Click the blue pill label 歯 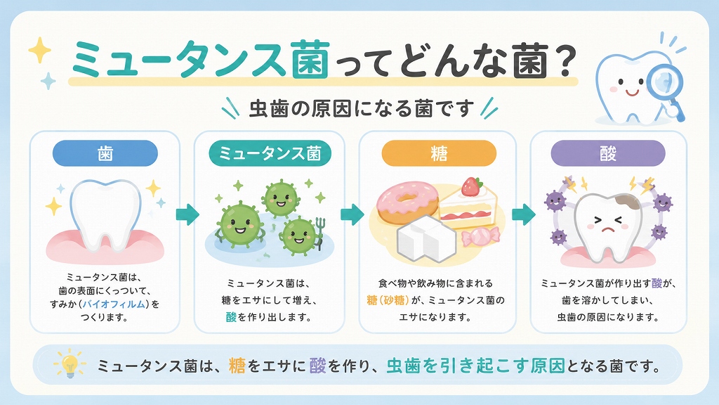pos(105,153)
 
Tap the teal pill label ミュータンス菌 pos(270,153)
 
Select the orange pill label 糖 pos(439,153)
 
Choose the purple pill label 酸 pos(608,153)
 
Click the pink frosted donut pos(406,202)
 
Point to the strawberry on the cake pos(472,186)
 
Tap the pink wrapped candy pos(480,237)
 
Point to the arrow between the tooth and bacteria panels pos(187,214)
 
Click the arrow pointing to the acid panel pos(524,214)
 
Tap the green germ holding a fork pos(301,235)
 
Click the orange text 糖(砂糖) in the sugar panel pos(388,300)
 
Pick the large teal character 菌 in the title pos(310,59)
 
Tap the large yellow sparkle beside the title pos(40,50)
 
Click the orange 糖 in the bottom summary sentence pos(237,366)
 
